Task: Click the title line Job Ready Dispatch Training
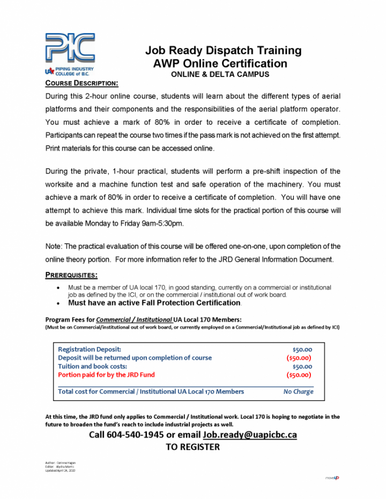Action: (x=223, y=51)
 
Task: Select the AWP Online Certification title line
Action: (x=220, y=64)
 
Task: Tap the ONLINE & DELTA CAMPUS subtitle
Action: (x=220, y=74)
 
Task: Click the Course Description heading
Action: (x=81, y=84)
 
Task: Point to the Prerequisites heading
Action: (x=71, y=275)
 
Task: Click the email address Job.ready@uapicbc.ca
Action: (x=249, y=434)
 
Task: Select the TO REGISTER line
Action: (x=192, y=447)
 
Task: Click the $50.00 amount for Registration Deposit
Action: (x=302, y=350)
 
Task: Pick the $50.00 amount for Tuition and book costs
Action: (x=302, y=367)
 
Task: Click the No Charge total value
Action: (x=298, y=391)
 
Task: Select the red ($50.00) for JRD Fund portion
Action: (x=299, y=375)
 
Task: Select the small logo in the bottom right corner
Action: (x=332, y=478)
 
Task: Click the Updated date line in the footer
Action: (x=60, y=470)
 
